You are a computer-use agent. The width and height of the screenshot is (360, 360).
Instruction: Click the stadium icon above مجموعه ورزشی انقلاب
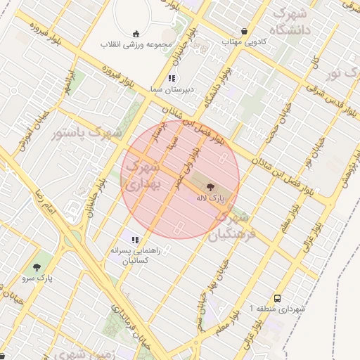coord(136,33)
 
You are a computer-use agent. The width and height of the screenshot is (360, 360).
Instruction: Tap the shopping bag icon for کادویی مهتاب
coord(244,32)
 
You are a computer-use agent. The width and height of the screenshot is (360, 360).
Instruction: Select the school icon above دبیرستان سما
coord(172,79)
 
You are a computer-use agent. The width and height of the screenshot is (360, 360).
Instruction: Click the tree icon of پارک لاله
coord(209,187)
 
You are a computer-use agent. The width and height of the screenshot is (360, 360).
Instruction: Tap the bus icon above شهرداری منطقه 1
coord(277,298)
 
